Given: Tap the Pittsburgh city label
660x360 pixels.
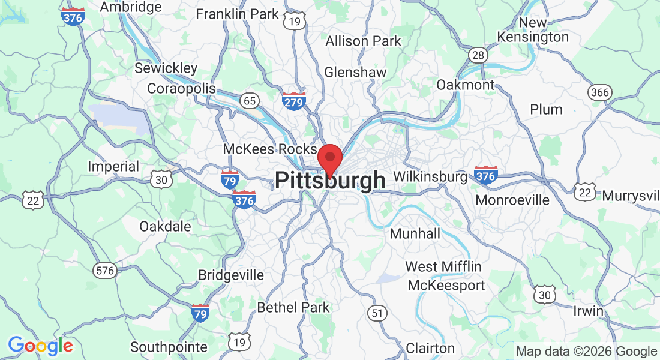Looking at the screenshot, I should tap(330, 181).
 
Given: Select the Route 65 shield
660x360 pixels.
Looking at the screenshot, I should tap(250, 100).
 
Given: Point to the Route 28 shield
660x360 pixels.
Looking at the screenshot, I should tap(478, 55).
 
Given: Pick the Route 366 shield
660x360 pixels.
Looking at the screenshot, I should tap(599, 92).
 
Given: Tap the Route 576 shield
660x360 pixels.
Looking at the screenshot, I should tap(104, 270).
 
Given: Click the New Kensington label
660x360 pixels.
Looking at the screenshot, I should tap(533, 30).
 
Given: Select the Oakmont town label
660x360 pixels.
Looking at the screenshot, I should tap(465, 85).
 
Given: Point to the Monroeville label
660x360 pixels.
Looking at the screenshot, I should tap(512, 200).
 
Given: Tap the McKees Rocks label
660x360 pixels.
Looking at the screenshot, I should tap(269, 149).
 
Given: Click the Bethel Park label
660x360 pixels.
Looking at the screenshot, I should tap(293, 307).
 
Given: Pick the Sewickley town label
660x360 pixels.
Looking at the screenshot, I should tap(166, 68).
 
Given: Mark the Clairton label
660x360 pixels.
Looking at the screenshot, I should tap(430, 348).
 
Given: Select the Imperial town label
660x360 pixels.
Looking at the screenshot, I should tap(113, 166).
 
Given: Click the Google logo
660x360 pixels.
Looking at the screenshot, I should tap(40, 346).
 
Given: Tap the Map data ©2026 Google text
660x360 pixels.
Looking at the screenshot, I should tap(586, 352).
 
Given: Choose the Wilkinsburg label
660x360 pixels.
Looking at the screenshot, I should tap(430, 177).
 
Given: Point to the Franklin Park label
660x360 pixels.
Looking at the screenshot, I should tap(238, 13).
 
